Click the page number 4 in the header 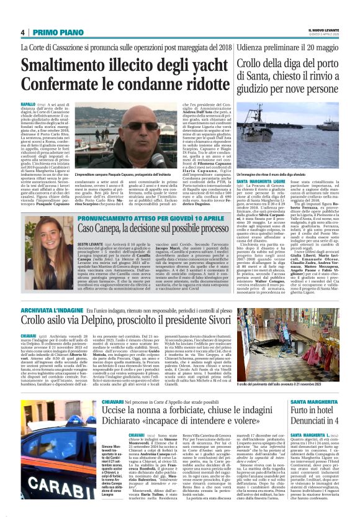click(22, 32)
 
